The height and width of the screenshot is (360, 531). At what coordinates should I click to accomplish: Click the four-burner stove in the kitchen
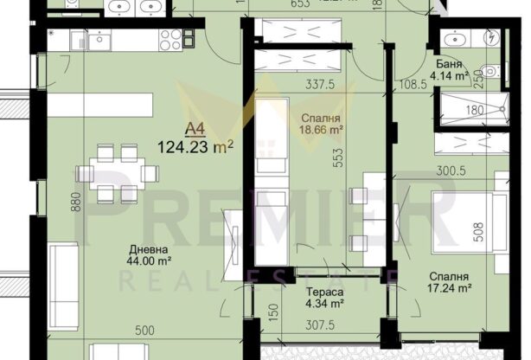point(171,38)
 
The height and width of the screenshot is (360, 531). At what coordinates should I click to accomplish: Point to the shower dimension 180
point(473,111)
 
